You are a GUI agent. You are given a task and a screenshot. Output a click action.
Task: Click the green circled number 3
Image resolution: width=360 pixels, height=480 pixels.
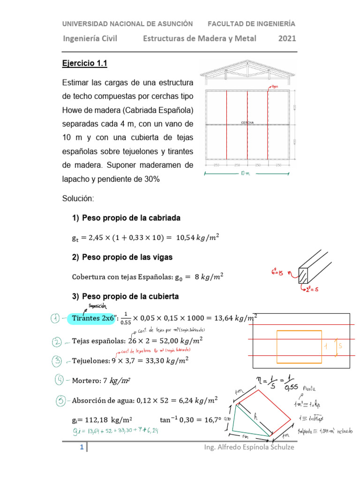coord(57,360)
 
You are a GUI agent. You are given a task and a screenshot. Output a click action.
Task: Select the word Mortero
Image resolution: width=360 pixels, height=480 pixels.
coord(85,381)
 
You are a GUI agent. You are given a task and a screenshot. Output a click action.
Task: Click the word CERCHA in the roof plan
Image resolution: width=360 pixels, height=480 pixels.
coord(247,123)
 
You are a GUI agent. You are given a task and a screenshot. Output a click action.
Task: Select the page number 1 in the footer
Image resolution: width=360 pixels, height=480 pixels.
coord(82,448)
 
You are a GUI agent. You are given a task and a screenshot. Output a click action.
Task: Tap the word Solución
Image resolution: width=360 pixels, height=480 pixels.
coord(78,199)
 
